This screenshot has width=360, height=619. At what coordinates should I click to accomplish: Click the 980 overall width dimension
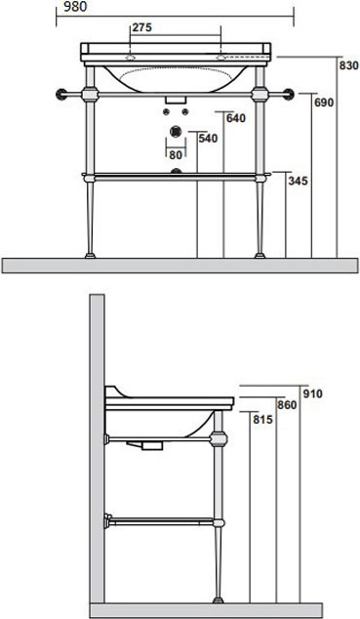coord(75,7)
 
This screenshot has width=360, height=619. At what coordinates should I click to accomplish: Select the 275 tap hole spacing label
coord(141,27)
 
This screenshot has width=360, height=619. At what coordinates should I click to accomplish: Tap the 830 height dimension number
coord(349,65)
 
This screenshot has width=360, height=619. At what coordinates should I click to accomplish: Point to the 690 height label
coord(324,103)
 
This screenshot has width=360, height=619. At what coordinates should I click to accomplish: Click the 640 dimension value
coord(236,118)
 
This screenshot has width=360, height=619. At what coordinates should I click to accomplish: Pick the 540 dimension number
coord(208,139)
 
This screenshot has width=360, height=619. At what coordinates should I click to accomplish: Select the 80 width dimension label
coord(176,155)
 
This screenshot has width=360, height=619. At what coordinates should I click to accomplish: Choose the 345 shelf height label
coord(298,181)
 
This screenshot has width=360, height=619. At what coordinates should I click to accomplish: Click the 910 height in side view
coord(313,393)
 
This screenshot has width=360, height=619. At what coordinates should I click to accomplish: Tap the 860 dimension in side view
coord(287,405)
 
